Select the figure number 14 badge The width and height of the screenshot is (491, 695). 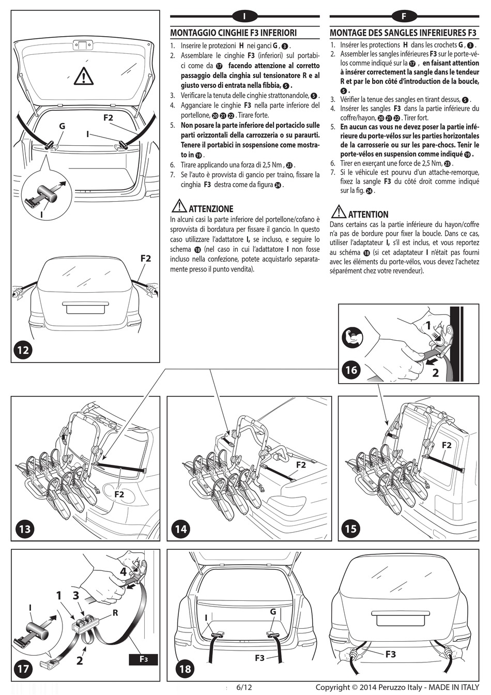click(180, 529)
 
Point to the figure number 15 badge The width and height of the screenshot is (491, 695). click(351, 529)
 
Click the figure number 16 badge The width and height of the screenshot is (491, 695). click(351, 370)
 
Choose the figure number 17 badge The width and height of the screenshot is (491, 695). click(23, 669)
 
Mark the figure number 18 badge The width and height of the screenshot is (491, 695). click(185, 669)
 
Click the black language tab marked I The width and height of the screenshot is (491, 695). click(244, 17)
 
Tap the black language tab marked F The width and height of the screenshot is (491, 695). click(404, 17)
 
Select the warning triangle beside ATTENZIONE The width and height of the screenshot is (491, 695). click(178, 206)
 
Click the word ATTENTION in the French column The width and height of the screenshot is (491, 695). click(368, 215)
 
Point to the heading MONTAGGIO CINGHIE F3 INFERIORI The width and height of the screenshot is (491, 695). click(233, 33)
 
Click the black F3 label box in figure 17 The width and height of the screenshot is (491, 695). click(143, 659)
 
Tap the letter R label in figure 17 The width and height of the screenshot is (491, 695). click(115, 613)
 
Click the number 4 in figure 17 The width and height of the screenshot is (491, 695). click(123, 572)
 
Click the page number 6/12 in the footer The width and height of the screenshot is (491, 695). click(244, 688)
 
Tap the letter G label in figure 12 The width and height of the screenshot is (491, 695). click(62, 126)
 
